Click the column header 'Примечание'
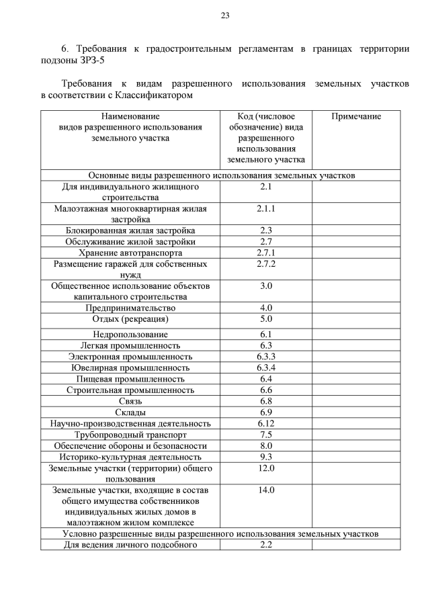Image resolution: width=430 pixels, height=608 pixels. point(356,116)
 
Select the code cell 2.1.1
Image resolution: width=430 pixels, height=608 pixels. point(266,208)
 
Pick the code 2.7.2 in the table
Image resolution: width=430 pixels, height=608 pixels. point(266,264)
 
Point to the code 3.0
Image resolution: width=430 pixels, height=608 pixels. point(266,286)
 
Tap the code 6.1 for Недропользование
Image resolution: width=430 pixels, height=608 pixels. point(266,334)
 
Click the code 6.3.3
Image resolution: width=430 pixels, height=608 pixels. point(266,356)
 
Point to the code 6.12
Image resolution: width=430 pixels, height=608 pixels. point(266,423)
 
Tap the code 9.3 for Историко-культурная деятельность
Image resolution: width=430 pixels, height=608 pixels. point(266,457)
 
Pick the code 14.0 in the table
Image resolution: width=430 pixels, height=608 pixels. point(266,490)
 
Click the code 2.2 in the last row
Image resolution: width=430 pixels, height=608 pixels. point(266,545)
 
